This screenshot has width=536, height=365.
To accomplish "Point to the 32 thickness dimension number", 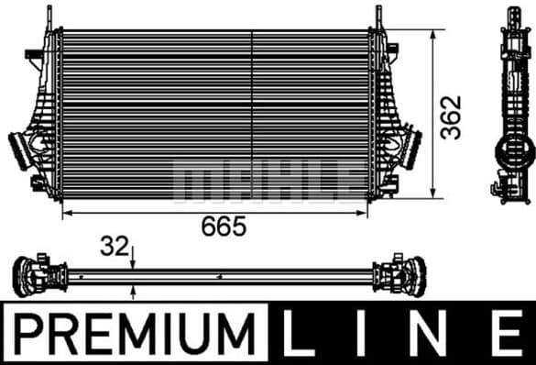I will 115,246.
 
